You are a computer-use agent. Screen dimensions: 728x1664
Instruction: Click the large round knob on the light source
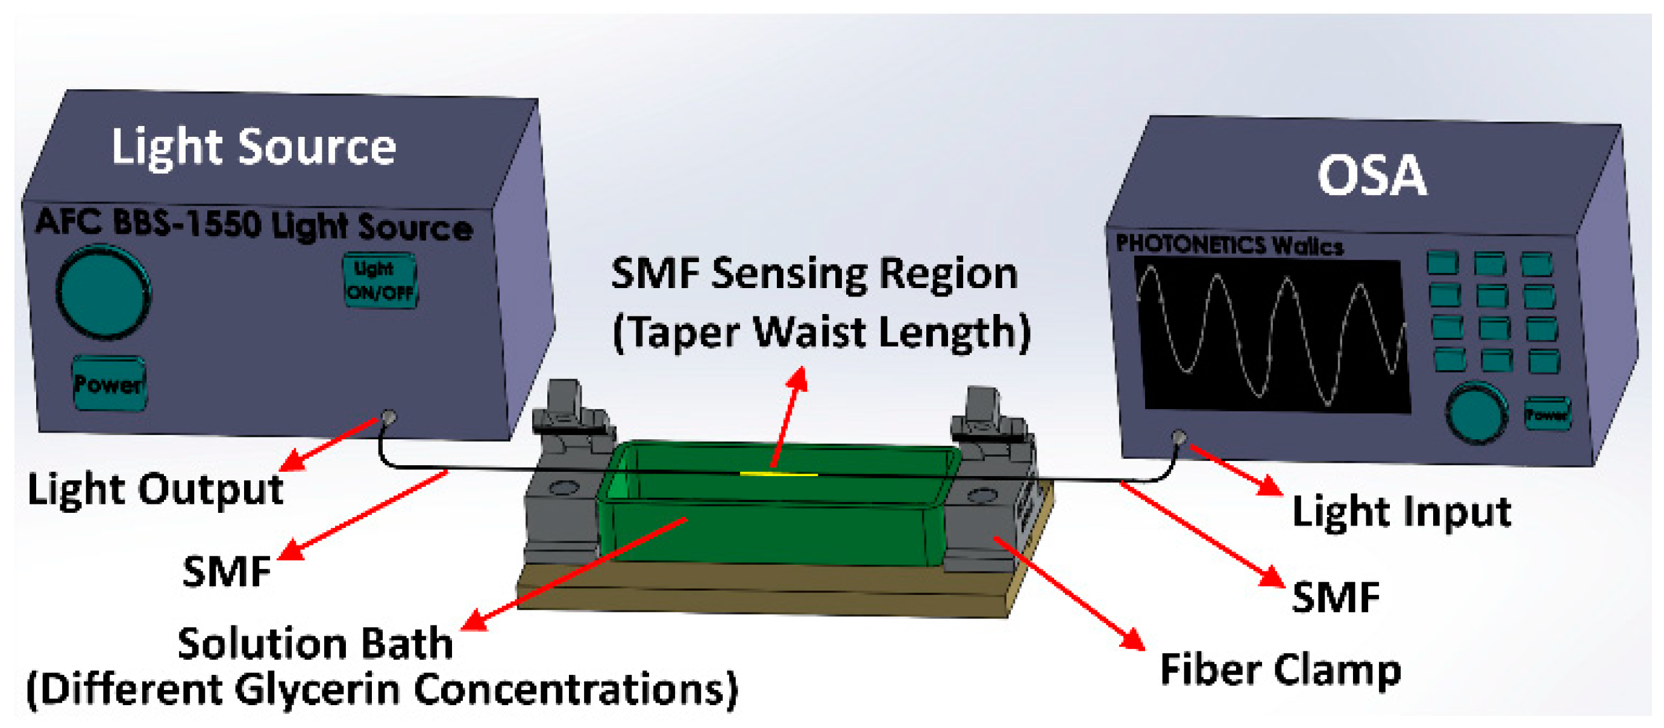pos(103,292)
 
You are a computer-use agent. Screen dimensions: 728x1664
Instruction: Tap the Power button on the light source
pos(108,384)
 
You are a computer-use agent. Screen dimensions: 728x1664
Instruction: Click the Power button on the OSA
pos(1547,414)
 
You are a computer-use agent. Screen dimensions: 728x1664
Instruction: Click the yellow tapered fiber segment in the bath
pos(779,474)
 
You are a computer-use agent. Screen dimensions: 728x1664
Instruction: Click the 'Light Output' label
pos(155,489)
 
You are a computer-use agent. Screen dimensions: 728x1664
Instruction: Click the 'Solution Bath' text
pos(315,644)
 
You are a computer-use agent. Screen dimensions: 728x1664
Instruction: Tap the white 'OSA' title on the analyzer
pos(1371,176)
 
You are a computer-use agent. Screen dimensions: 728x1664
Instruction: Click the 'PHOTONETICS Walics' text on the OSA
pos(1229,245)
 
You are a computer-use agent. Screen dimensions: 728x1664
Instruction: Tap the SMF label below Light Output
pos(226,571)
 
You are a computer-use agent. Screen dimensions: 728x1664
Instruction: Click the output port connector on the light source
pos(389,417)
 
